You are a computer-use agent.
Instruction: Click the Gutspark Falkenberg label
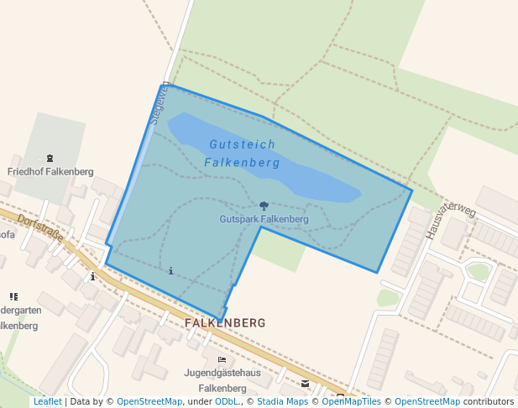pos(264,219)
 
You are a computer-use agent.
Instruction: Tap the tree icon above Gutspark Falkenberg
pos(264,206)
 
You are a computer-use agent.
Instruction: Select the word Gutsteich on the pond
pos(230,145)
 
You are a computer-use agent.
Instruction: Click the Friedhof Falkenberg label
pos(50,171)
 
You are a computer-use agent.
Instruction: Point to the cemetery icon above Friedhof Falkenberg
pos(50,158)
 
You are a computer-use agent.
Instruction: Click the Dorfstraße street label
pos(40,229)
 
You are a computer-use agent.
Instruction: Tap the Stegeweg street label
pos(160,103)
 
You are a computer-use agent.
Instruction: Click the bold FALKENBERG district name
pos(224,322)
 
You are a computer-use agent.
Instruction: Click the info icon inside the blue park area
pos(171,270)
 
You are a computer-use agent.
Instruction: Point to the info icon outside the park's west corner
pos(92,275)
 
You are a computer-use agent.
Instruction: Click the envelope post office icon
pos(305,384)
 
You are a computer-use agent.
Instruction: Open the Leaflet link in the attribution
pos(47,402)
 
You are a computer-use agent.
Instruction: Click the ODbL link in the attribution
pos(227,402)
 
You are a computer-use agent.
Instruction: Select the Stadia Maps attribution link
pos(282,402)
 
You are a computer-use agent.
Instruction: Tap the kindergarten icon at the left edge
pos(13,296)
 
